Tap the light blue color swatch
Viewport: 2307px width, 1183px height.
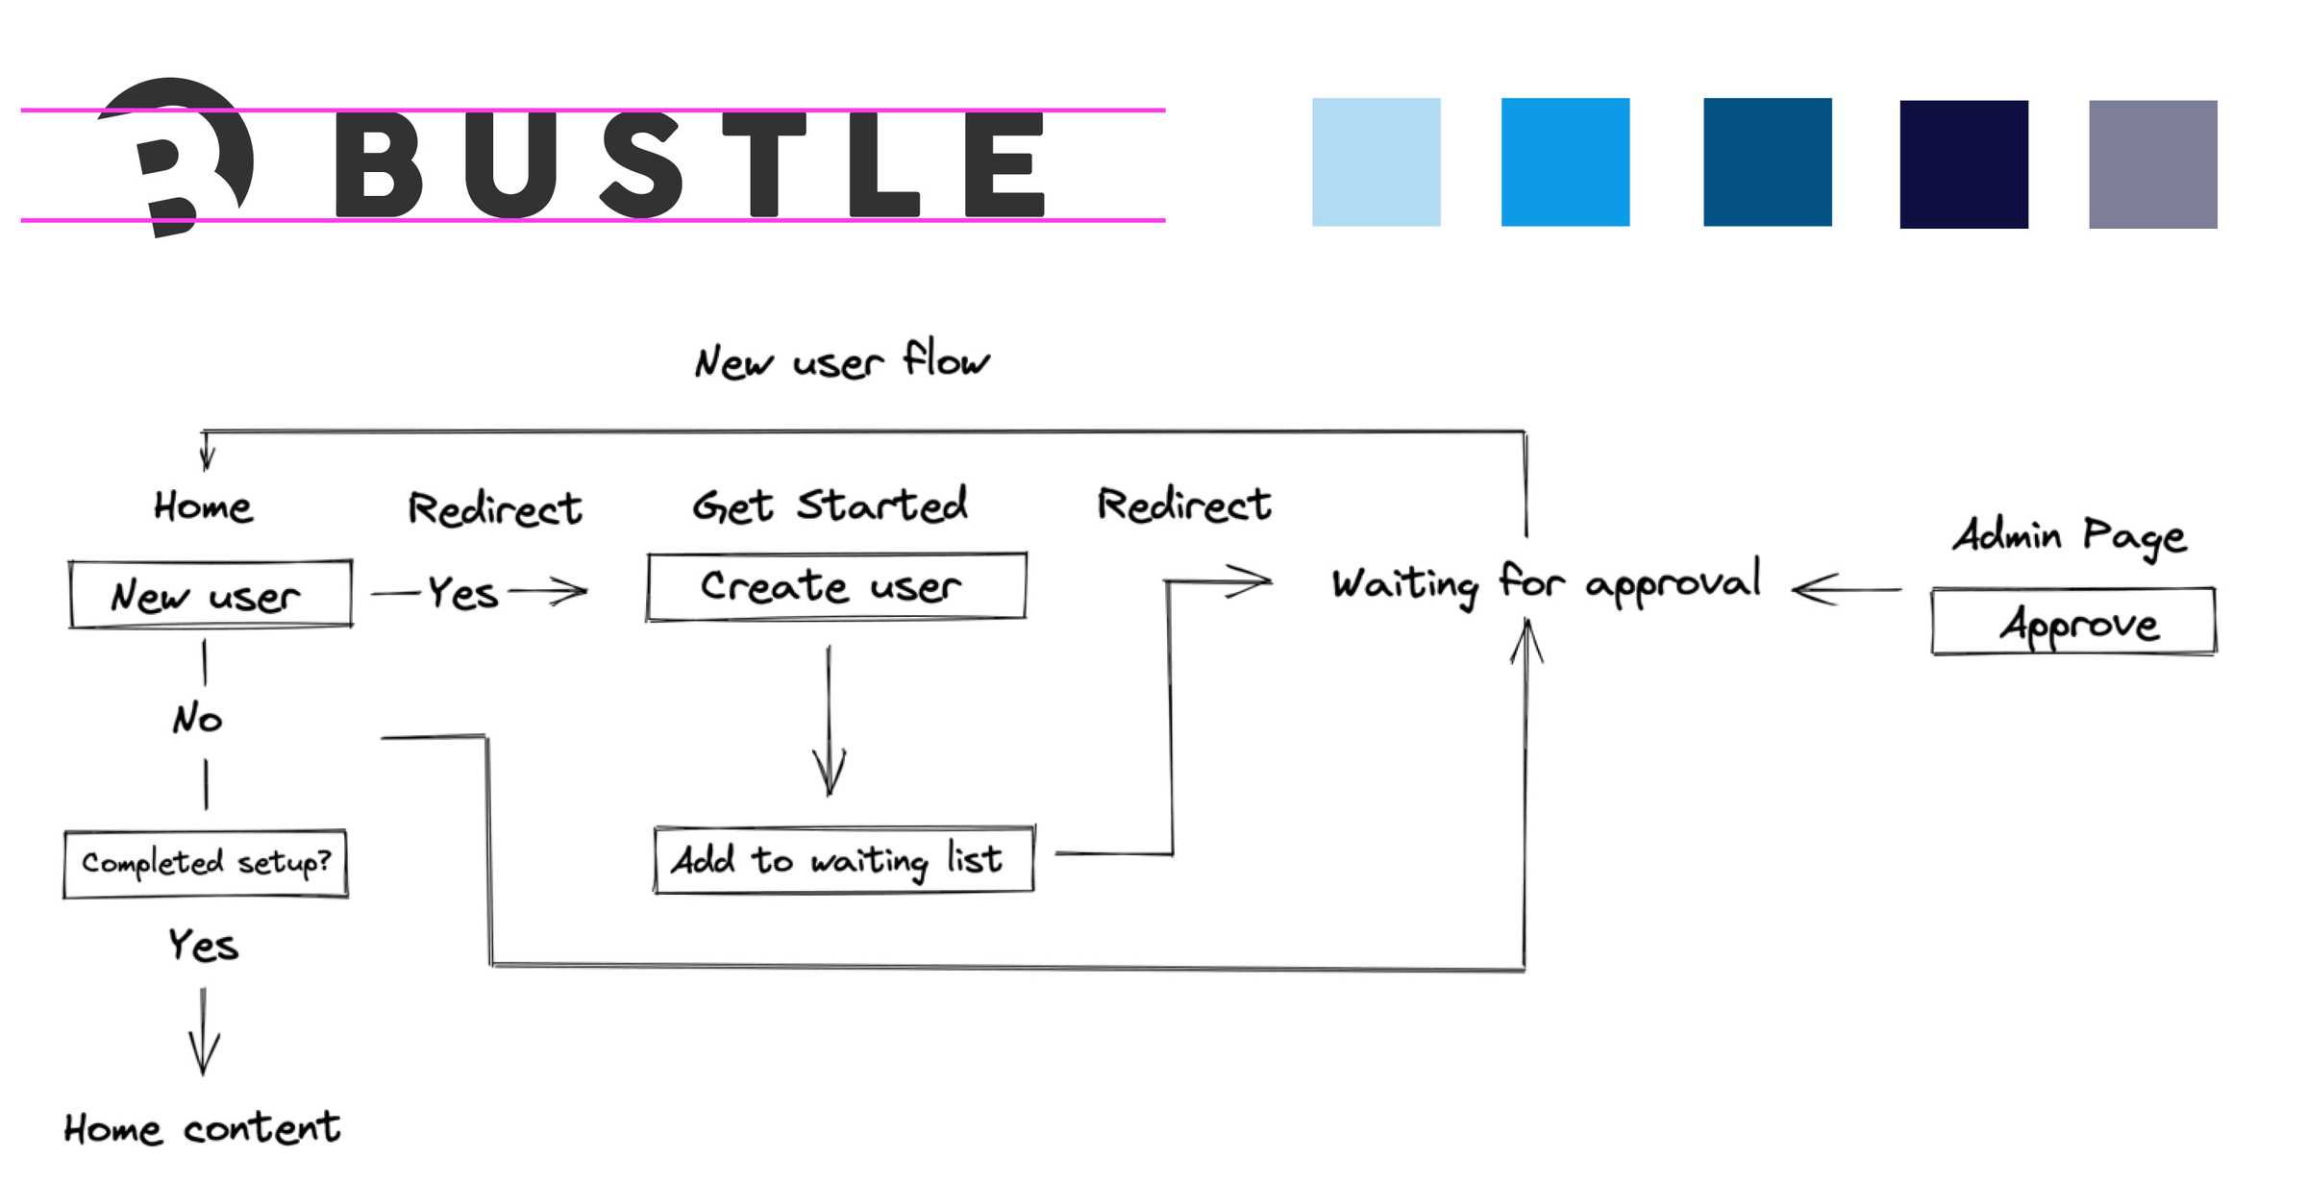1376,161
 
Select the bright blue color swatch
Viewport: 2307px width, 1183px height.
1565,161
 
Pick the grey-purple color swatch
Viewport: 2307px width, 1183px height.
2152,164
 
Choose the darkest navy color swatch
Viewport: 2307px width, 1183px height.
1963,164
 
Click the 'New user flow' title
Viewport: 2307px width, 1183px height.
841,360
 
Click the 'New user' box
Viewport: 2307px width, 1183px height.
210,595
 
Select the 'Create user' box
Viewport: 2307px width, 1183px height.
835,586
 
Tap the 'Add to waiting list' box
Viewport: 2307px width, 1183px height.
842,859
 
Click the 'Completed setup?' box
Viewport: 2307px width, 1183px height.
206,863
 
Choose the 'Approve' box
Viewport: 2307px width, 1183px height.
2072,623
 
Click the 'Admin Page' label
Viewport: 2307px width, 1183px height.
2069,535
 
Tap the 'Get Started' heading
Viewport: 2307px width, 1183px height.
830,505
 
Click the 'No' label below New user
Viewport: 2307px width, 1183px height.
198,719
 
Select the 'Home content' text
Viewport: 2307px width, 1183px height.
202,1127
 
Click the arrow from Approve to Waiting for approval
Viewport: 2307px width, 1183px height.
1846,589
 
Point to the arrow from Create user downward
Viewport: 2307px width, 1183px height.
829,721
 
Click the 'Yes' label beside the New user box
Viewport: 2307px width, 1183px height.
463,593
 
